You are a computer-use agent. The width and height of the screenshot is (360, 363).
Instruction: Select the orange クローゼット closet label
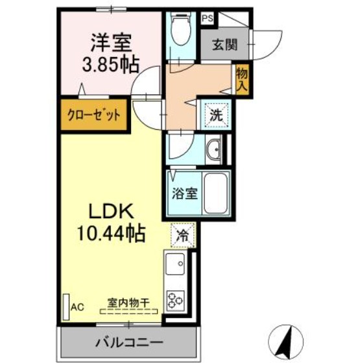94,116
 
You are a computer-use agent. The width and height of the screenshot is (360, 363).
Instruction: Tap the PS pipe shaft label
208,18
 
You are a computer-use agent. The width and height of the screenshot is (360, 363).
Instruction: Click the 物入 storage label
241,78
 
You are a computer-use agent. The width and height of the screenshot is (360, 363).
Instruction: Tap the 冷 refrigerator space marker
184,236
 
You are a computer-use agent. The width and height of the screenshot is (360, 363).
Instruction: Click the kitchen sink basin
176,266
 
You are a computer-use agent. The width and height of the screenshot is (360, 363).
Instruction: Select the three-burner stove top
177,299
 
